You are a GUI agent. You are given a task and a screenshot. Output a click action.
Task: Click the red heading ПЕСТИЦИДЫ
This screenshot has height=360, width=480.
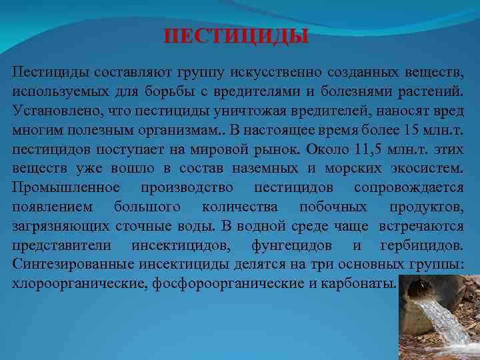237,35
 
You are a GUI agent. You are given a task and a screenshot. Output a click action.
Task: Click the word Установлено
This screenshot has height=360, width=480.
53,107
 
